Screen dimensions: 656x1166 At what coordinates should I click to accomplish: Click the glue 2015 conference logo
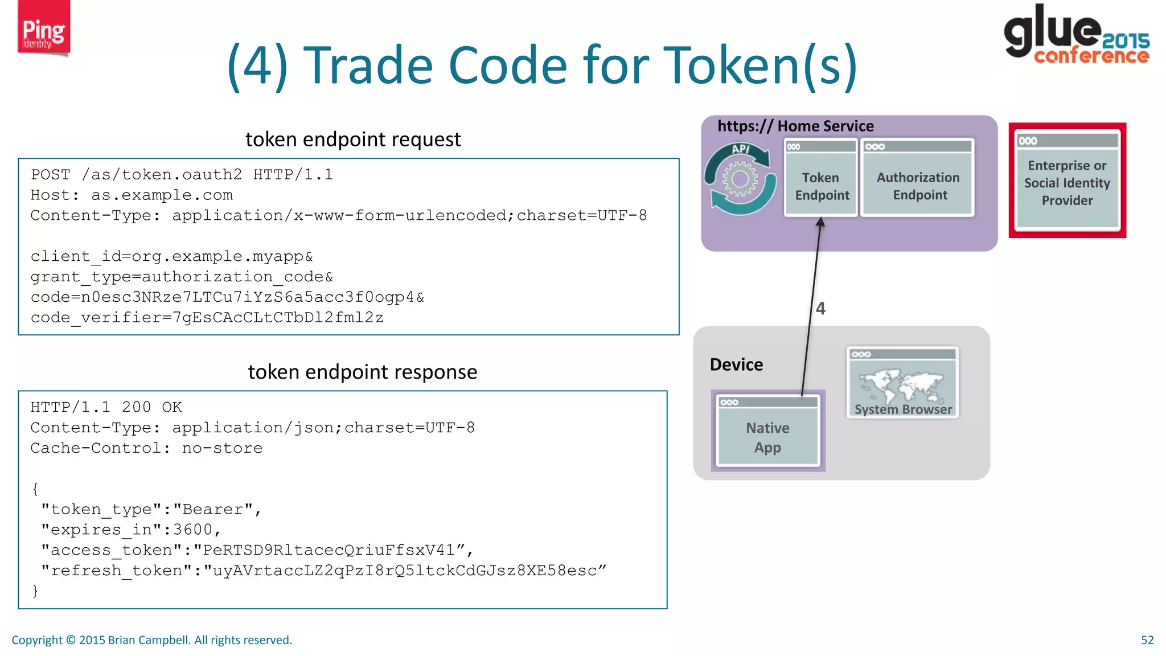(1075, 34)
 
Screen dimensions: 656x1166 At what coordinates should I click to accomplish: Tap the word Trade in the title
(375, 65)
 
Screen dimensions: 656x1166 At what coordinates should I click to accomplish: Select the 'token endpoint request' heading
(352, 140)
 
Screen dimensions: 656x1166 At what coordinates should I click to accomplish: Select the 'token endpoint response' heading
(362, 372)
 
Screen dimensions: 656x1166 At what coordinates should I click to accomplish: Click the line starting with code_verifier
(207, 318)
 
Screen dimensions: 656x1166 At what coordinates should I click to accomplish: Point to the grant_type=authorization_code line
(182, 277)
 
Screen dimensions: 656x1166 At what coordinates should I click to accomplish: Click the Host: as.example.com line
(132, 195)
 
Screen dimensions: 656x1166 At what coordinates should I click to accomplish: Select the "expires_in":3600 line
(130, 530)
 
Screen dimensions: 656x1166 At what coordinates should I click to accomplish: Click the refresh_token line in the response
(323, 571)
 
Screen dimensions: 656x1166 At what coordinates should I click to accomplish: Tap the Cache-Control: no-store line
(146, 448)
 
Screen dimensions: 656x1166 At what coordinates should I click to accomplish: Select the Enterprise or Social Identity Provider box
(1067, 181)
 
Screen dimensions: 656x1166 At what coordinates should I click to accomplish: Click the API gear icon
(740, 179)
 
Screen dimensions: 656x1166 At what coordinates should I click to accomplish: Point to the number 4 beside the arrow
(820, 309)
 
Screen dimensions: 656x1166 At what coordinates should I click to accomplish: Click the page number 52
(1147, 640)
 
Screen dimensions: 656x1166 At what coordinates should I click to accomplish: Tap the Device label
(736, 364)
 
